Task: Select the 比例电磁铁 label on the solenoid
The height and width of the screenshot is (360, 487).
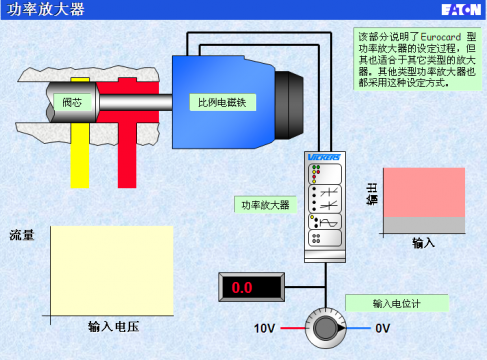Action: pyautogui.click(x=220, y=103)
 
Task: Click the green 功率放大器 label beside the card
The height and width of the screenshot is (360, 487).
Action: pyautogui.click(x=264, y=204)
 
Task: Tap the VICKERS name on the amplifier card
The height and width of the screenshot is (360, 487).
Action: pyautogui.click(x=326, y=158)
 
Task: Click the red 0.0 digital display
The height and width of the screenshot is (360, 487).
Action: pyautogui.click(x=243, y=288)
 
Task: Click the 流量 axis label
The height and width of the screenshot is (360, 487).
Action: pyautogui.click(x=22, y=236)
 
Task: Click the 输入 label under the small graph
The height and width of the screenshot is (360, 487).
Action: pyautogui.click(x=424, y=242)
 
